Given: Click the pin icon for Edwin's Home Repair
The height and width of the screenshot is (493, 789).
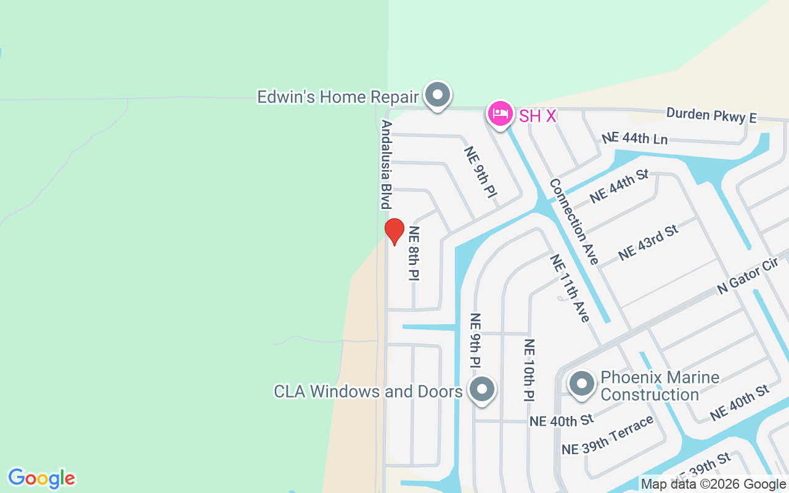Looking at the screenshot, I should pyautogui.click(x=438, y=96).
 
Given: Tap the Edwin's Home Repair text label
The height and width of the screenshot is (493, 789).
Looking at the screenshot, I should pyautogui.click(x=338, y=97).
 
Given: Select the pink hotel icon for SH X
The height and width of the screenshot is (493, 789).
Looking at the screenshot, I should pyautogui.click(x=500, y=113).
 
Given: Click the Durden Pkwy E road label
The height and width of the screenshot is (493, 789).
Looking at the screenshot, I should pyautogui.click(x=711, y=115).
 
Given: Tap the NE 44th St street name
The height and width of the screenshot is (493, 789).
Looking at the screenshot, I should pyautogui.click(x=619, y=186).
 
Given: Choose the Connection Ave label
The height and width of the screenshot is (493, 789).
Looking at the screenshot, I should pyautogui.click(x=573, y=221).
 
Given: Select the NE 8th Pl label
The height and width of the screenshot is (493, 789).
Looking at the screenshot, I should pyautogui.click(x=414, y=253).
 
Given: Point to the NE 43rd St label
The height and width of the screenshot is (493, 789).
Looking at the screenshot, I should pyautogui.click(x=648, y=242).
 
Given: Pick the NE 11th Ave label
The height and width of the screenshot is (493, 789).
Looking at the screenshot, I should pyautogui.click(x=570, y=288).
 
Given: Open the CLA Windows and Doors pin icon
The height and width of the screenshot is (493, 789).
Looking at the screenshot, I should pyautogui.click(x=482, y=389).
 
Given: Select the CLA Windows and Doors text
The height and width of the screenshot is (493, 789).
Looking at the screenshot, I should pyautogui.click(x=368, y=391).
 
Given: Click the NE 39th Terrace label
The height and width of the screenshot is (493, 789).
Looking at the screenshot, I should pyautogui.click(x=607, y=435).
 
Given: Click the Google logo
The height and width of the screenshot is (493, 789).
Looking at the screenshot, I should pyautogui.click(x=41, y=478).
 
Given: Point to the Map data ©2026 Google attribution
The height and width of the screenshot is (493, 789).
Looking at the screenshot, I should pyautogui.click(x=713, y=484).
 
